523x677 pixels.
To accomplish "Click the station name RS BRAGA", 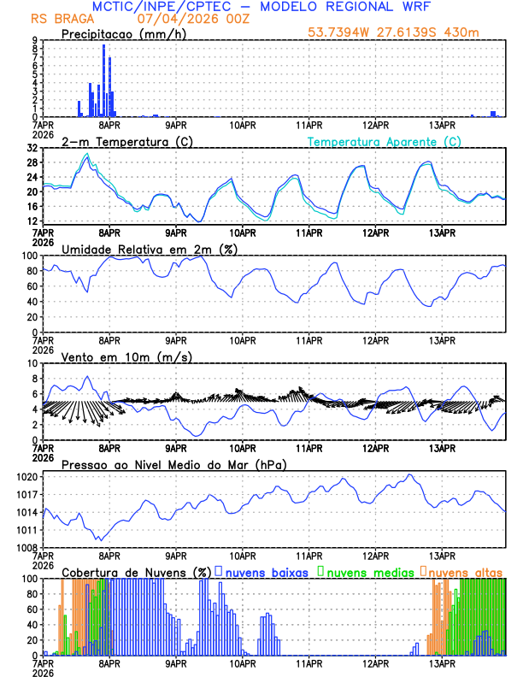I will [x=56, y=18].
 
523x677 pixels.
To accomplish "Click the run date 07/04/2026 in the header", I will [x=168, y=18].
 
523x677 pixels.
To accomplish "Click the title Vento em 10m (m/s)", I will [x=126, y=356].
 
